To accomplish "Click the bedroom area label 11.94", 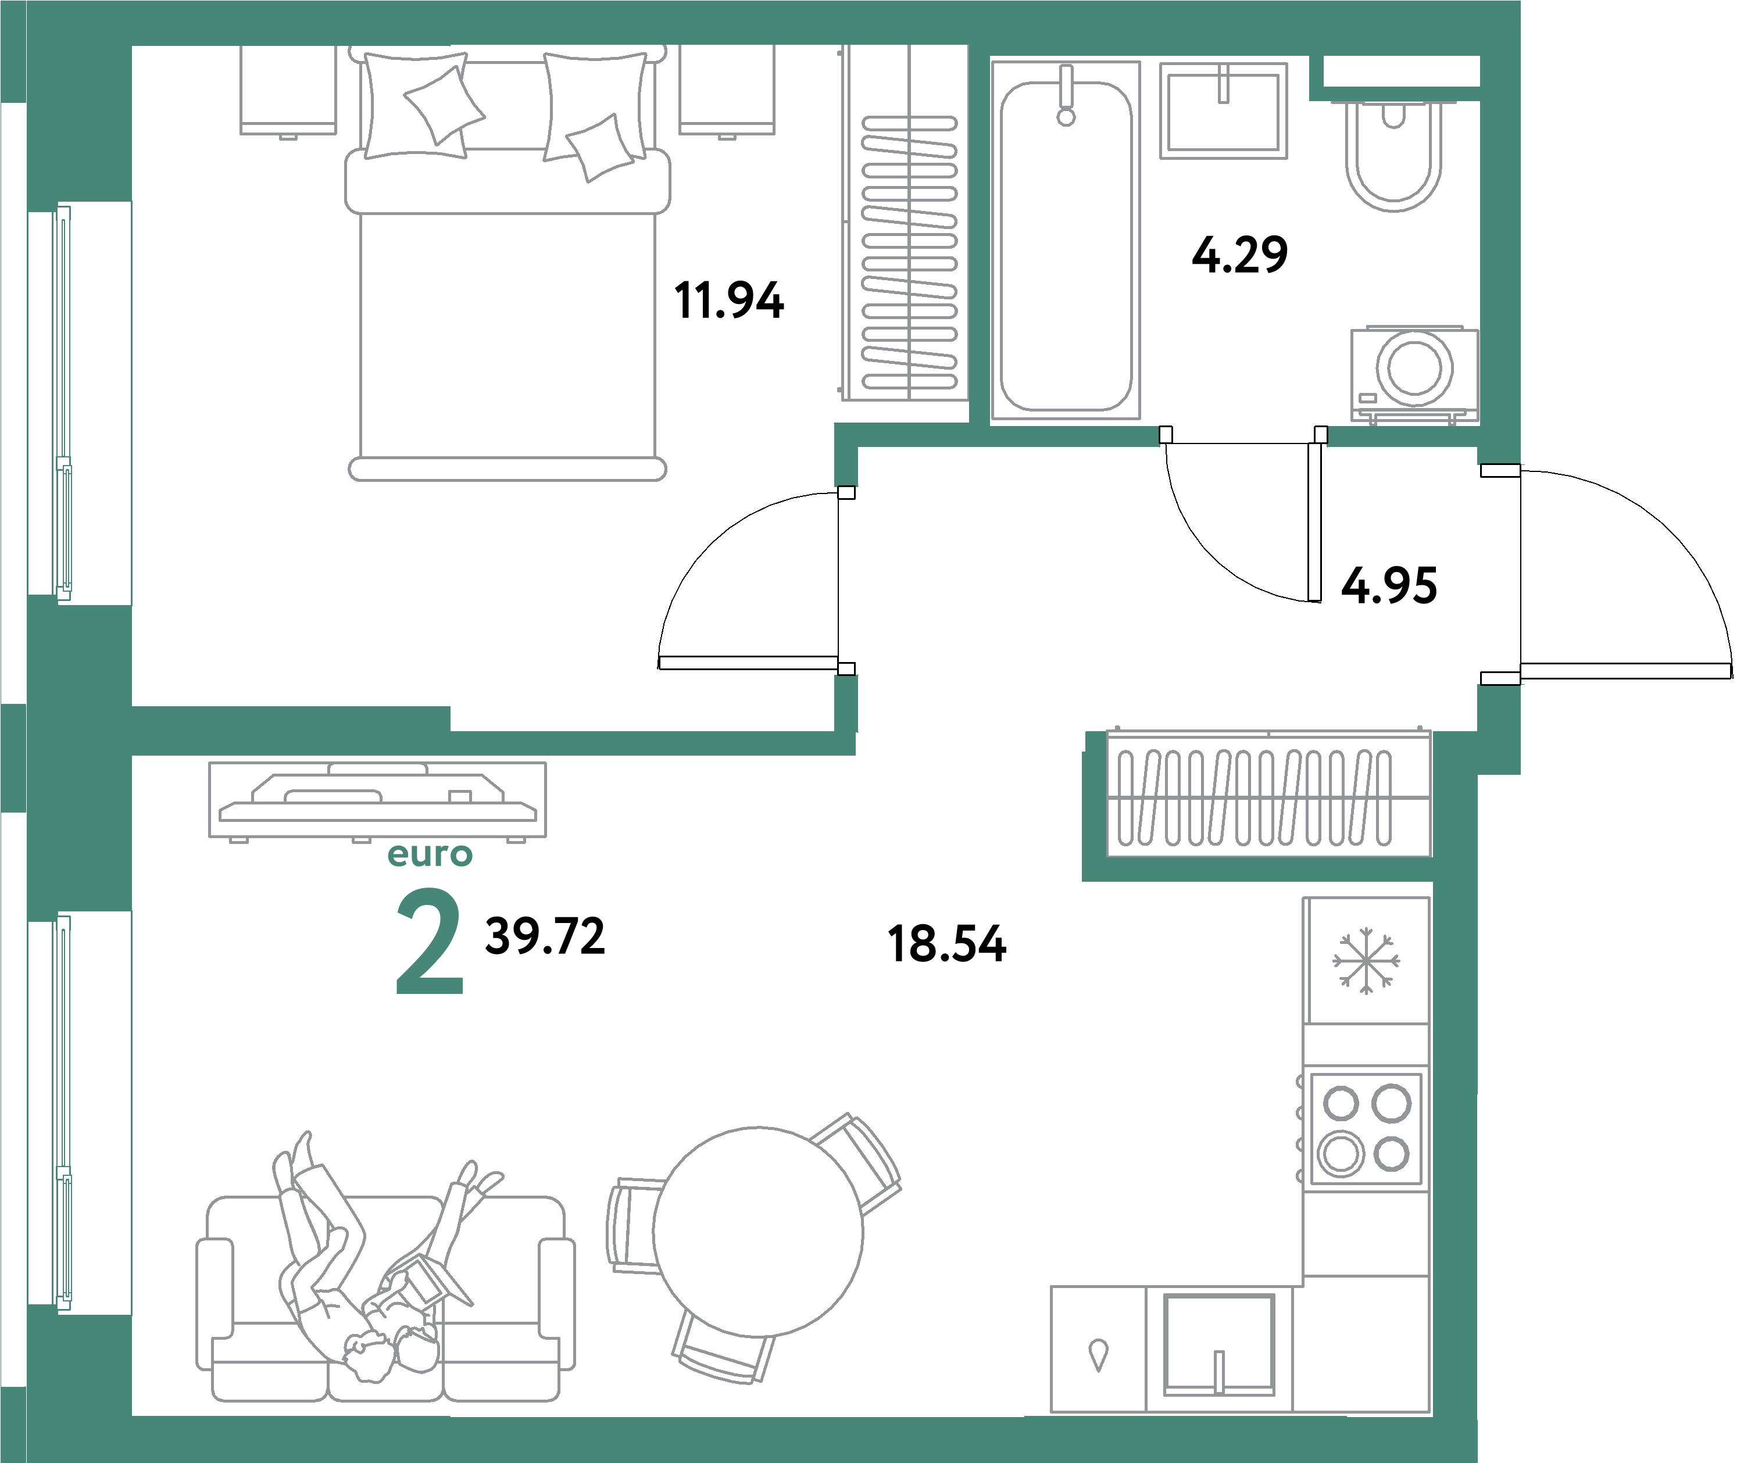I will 728,301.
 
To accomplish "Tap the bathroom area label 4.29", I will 1239,255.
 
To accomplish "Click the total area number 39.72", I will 545,936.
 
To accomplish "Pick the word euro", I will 430,854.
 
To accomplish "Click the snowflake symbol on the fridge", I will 1366,961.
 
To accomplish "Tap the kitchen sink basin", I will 1218,1345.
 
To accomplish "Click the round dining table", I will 757,1232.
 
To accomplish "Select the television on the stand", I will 378,798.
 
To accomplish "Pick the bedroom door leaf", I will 748,663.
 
